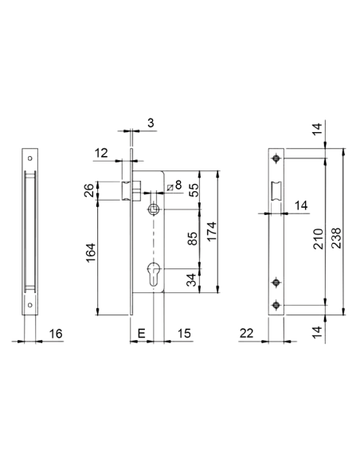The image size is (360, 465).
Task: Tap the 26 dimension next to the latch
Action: click(90, 190)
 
